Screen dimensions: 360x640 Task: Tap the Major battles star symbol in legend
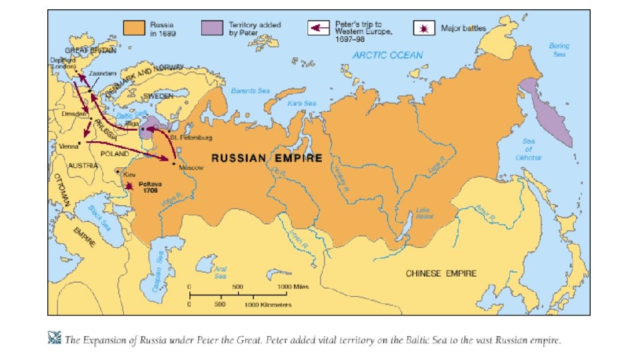pyautogui.click(x=423, y=29)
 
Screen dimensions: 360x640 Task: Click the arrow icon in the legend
pyautogui.click(x=319, y=29)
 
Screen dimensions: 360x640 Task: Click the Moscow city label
pyautogui.click(x=190, y=167)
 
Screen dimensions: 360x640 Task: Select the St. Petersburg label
pyautogui.click(x=191, y=138)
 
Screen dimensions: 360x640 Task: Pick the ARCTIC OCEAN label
pyautogui.click(x=387, y=55)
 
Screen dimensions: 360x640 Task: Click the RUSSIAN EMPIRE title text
pyautogui.click(x=267, y=159)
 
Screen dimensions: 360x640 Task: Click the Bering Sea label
pyautogui.click(x=559, y=50)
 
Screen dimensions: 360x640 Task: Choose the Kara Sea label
pyautogui.click(x=301, y=103)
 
